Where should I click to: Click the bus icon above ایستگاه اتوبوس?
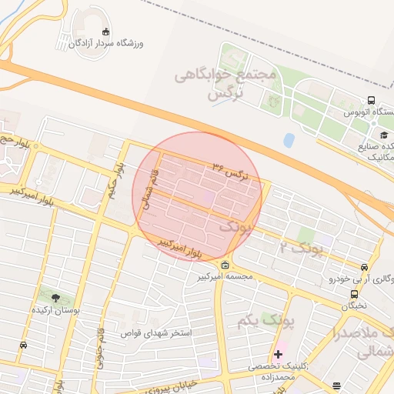(371, 100)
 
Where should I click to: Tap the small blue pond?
(289, 140)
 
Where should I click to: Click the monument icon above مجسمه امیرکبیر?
(225, 266)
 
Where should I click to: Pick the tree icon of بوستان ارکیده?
(54, 297)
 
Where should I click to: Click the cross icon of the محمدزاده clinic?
(278, 354)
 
